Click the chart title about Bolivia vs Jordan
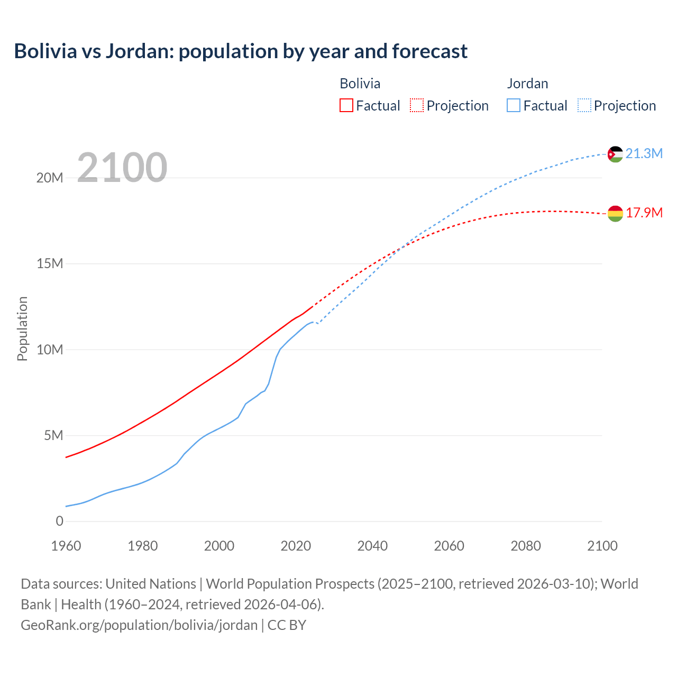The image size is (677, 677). click(x=241, y=51)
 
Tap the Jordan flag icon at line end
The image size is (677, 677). click(x=615, y=154)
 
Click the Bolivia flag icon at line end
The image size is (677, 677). click(x=615, y=213)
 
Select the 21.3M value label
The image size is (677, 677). click(x=644, y=153)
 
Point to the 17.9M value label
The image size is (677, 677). click(x=644, y=213)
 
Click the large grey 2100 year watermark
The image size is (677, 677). click(x=122, y=168)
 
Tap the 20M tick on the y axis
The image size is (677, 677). click(x=50, y=178)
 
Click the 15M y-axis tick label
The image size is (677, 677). click(x=50, y=263)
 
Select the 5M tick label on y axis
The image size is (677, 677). click(x=53, y=435)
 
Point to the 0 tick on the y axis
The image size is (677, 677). click(x=59, y=521)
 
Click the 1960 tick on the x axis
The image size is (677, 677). click(x=66, y=546)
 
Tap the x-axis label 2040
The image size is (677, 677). click(x=372, y=546)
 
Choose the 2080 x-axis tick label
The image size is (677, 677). click(x=526, y=546)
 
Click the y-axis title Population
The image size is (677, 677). click(x=22, y=328)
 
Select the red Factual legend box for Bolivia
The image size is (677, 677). click(x=346, y=105)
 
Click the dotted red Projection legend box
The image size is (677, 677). click(x=417, y=105)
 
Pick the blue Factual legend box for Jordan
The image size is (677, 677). click(x=514, y=105)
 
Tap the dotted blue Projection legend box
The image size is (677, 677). click(x=584, y=105)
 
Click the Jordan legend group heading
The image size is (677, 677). click(x=527, y=84)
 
